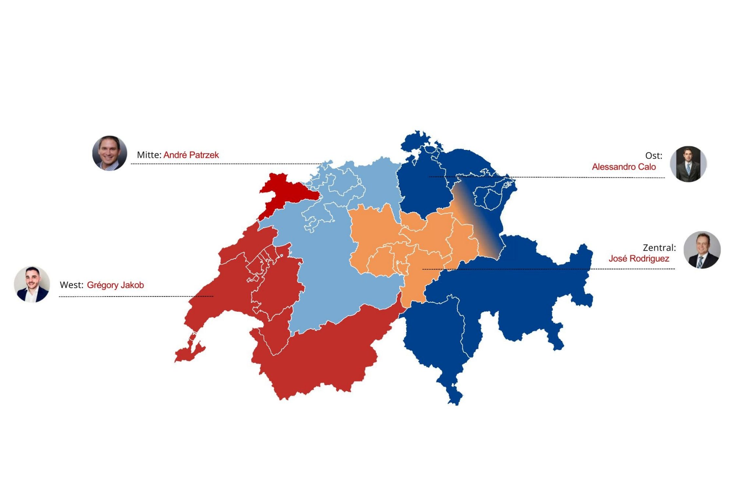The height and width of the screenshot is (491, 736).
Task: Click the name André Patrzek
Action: point(191,155)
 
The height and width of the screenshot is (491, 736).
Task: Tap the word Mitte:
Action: point(149,155)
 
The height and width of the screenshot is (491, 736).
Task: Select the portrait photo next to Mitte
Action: point(110,153)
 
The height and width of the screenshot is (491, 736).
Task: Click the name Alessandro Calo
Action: point(623,167)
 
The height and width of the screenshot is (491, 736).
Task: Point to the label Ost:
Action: point(653,155)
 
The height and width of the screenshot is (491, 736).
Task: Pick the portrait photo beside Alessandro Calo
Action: point(688,164)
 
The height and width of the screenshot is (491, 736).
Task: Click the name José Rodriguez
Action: point(638,259)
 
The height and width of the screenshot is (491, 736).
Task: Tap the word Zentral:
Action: point(659,247)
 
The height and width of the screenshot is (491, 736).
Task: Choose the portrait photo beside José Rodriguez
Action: point(702,250)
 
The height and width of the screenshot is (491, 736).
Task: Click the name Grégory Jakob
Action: point(115,285)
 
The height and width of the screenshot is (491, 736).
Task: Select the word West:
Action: point(71,285)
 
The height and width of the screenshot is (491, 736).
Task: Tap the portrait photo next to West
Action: point(32,284)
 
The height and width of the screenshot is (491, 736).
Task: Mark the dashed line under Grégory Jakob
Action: point(136,297)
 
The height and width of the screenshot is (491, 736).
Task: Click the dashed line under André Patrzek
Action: point(226,164)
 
